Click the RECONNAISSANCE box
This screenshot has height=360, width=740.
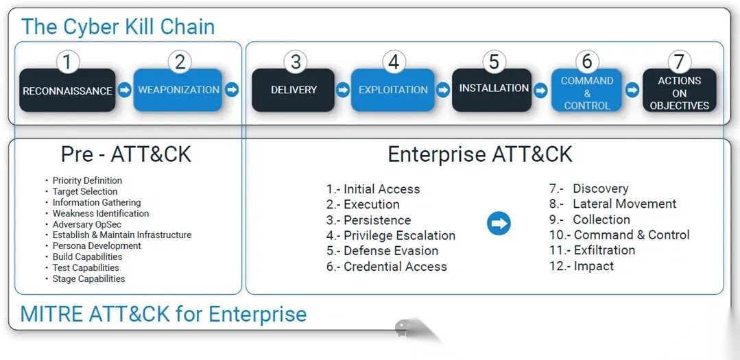click(x=67, y=91)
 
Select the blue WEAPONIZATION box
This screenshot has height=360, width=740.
click(x=178, y=91)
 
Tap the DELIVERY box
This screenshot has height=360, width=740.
click(x=294, y=91)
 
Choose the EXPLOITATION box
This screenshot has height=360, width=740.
click(x=393, y=91)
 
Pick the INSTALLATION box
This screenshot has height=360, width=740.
click(x=493, y=89)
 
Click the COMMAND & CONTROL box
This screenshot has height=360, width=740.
click(x=587, y=93)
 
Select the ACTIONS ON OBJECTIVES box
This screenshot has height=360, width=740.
click(x=679, y=93)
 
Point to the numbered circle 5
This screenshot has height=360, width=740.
click(x=494, y=62)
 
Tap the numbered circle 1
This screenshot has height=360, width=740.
click(x=67, y=62)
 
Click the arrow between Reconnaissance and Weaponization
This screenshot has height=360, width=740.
click(x=124, y=90)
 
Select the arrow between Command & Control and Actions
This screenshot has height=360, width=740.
click(x=632, y=90)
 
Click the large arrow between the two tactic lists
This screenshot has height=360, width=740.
click(x=499, y=224)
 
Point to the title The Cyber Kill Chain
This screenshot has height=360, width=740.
click(x=118, y=27)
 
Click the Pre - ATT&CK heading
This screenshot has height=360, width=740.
click(x=126, y=154)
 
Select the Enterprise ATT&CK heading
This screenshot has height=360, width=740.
click(x=480, y=154)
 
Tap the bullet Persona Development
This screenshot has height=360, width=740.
click(x=97, y=245)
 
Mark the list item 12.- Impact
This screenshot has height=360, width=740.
click(x=582, y=266)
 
